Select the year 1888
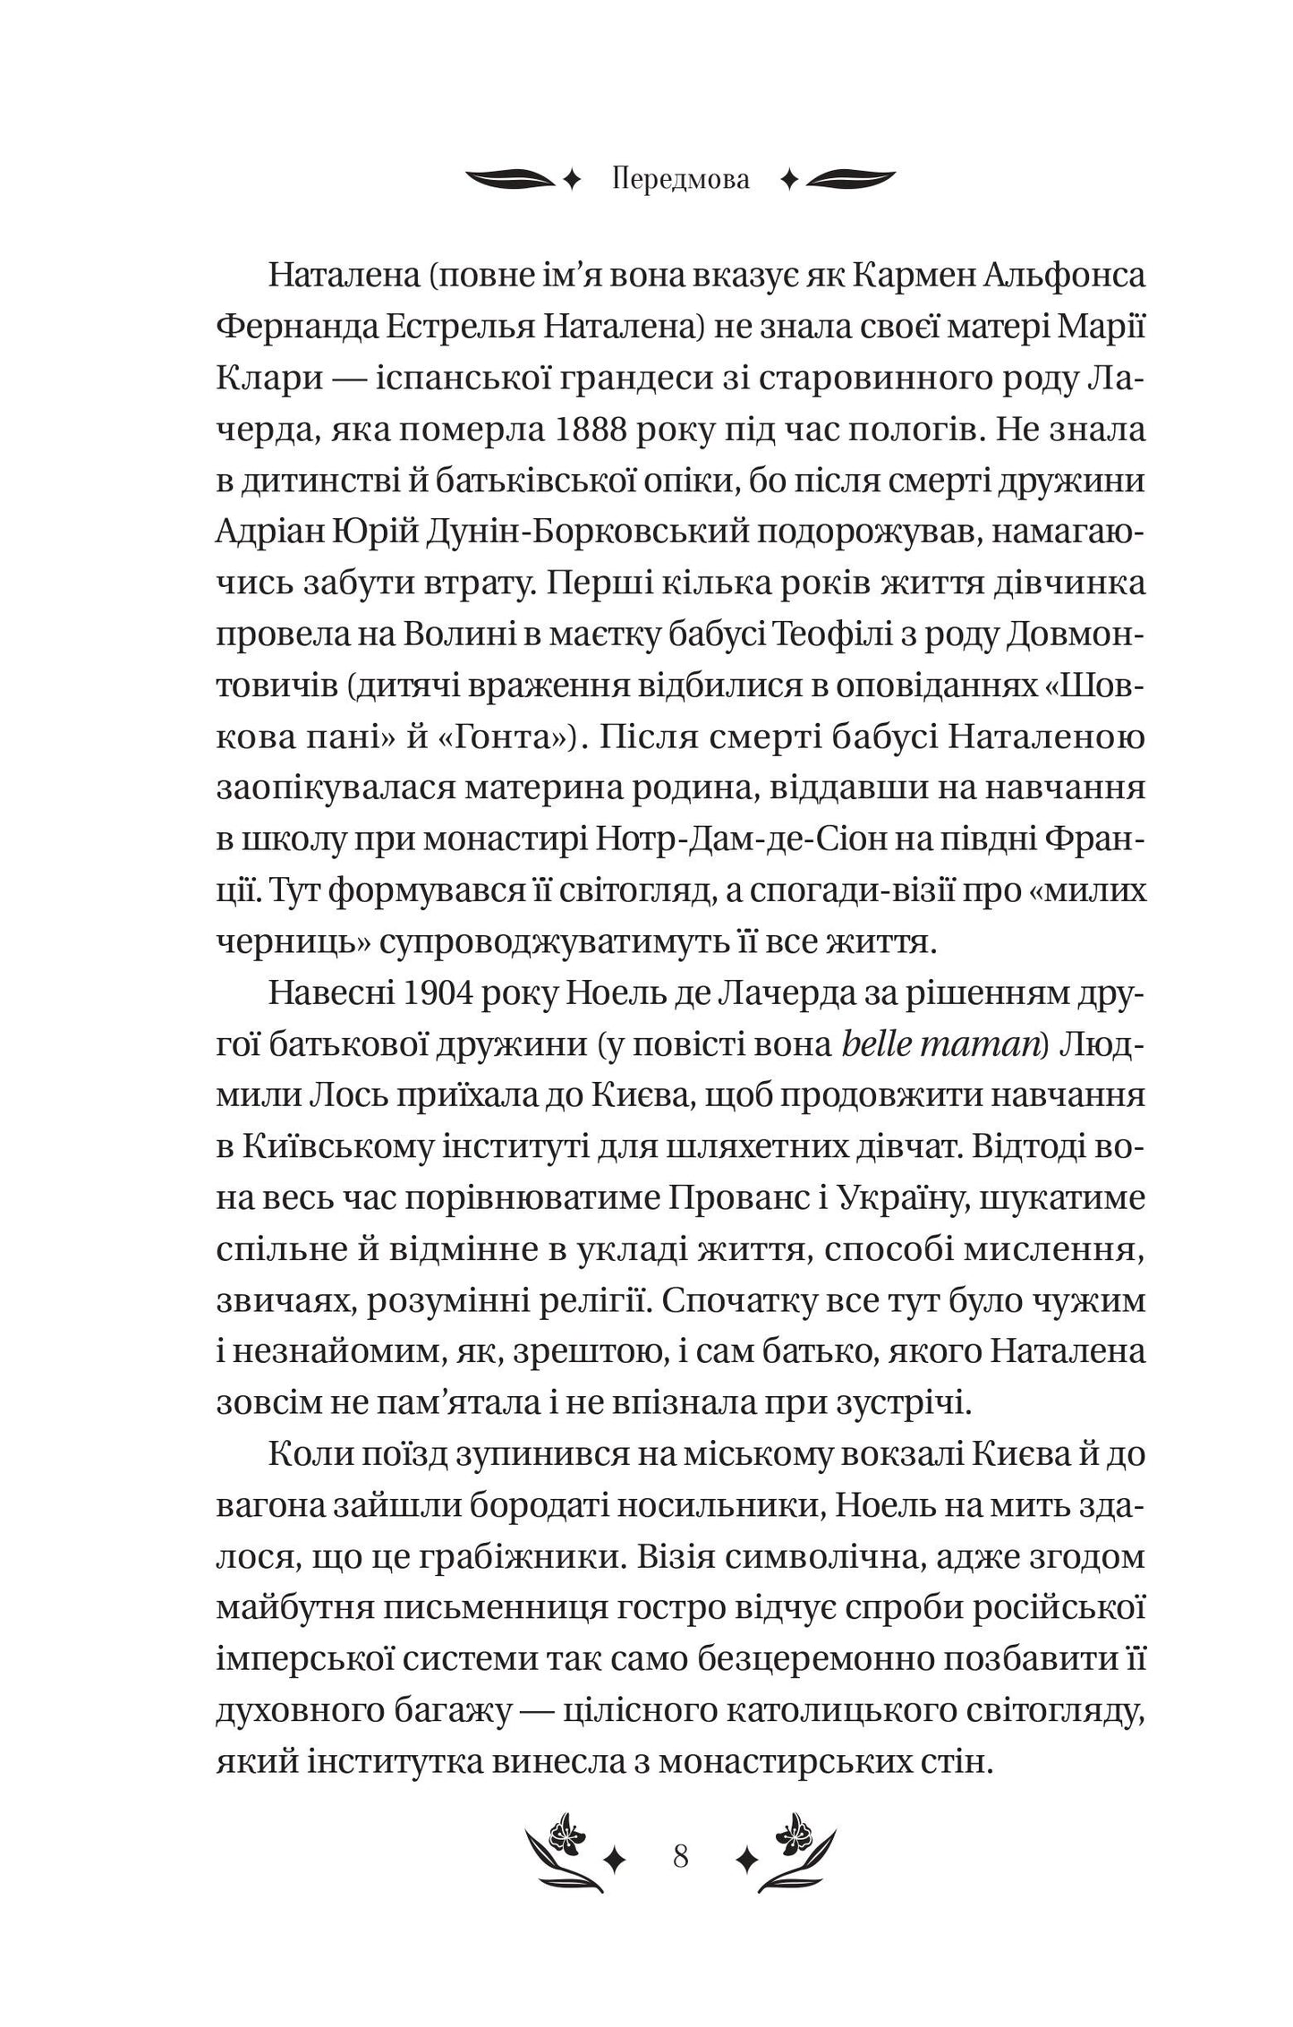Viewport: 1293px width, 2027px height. click(x=604, y=431)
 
